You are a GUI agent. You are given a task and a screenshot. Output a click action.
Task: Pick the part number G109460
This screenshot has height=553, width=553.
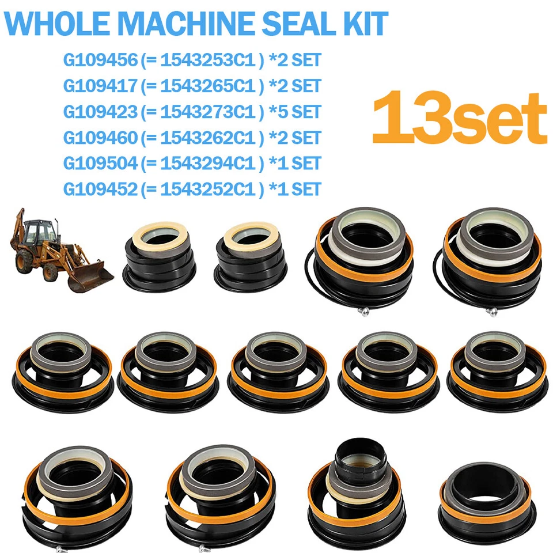click(99, 137)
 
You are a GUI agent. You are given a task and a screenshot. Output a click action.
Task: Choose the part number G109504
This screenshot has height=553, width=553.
click(99, 163)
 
